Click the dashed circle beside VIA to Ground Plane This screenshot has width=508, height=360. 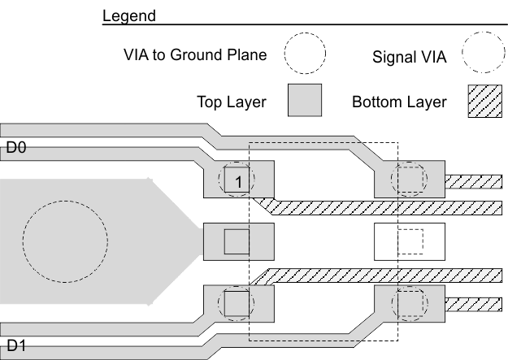[x=305, y=55]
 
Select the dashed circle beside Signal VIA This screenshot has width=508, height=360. [x=484, y=55]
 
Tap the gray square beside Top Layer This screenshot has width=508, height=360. [x=306, y=102]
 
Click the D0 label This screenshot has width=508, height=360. [x=17, y=149]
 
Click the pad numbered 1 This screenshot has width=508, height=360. [x=237, y=179]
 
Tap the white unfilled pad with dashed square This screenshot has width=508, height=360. [x=409, y=241]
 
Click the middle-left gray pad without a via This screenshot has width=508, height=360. [x=237, y=241]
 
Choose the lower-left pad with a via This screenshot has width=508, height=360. [x=237, y=304]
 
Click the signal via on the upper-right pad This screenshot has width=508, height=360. [x=409, y=179]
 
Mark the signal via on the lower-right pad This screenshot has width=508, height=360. [x=409, y=304]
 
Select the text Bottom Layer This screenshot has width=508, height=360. [x=399, y=103]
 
